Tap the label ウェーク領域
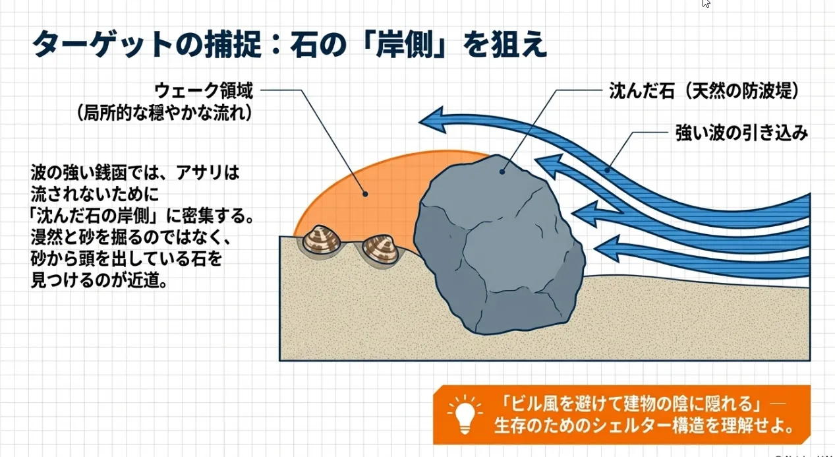(204, 90)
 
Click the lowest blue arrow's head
(606, 249)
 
